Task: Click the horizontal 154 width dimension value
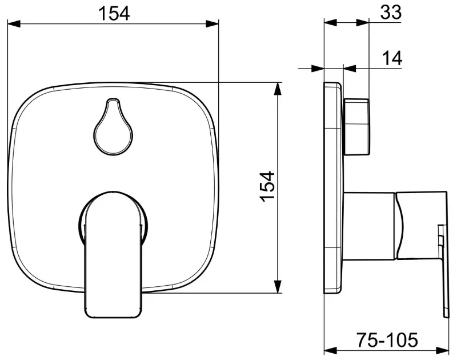[114, 13]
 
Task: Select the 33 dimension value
[391, 12]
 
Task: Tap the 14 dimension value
[392, 58]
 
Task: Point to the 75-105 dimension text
[387, 340]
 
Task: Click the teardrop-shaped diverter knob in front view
[113, 127]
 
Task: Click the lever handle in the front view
[113, 255]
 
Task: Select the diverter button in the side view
[357, 127]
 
